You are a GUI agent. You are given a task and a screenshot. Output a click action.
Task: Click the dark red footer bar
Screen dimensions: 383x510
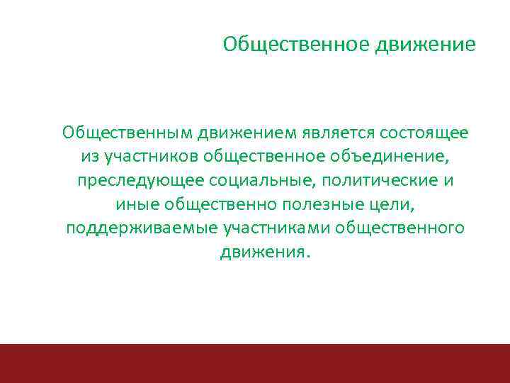coord(255,363)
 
